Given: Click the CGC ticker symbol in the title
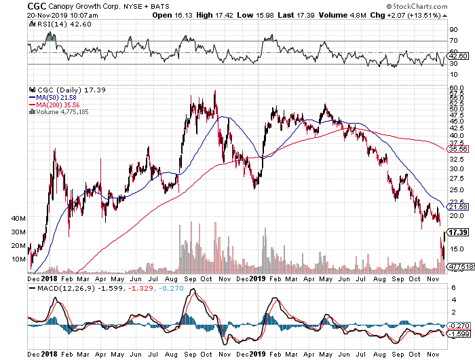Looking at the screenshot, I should coord(14,5).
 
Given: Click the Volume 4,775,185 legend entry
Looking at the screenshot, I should coord(62,112).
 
